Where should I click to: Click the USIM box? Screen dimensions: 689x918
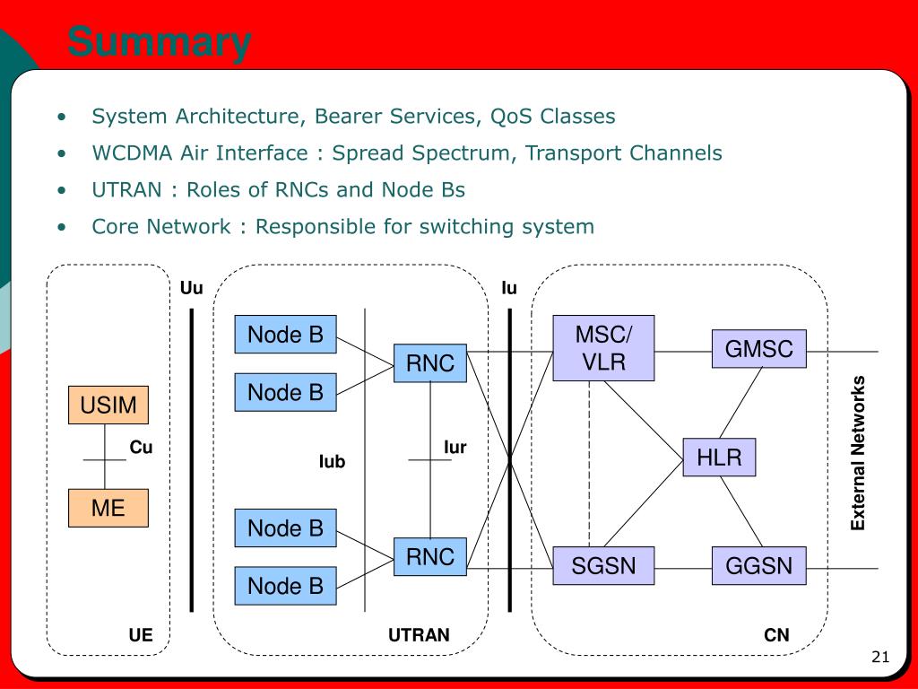pyautogui.click(x=108, y=406)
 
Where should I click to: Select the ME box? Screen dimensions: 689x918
pyautogui.click(x=108, y=509)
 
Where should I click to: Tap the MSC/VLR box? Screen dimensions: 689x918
pyautogui.click(x=603, y=348)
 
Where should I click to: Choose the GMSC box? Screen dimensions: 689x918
pyautogui.click(x=759, y=349)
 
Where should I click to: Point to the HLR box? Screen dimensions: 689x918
pyautogui.click(x=719, y=458)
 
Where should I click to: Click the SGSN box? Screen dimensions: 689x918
pyautogui.click(x=603, y=566)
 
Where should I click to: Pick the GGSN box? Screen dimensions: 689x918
pyautogui.click(x=759, y=566)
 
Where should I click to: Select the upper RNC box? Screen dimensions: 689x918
pyautogui.click(x=430, y=363)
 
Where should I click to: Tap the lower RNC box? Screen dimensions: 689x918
pyautogui.click(x=430, y=557)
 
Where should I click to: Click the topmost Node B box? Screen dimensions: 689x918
pyautogui.click(x=285, y=335)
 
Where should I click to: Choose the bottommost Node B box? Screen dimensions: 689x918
pyautogui.click(x=285, y=586)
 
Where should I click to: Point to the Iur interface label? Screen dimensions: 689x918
pyautogui.click(x=455, y=448)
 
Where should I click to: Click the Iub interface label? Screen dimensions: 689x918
pyautogui.click(x=332, y=462)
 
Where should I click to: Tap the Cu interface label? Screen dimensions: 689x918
pyautogui.click(x=142, y=448)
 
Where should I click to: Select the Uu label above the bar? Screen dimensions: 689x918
pyautogui.click(x=191, y=288)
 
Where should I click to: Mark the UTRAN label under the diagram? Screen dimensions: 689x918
pyautogui.click(x=419, y=636)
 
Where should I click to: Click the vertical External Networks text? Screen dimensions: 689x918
pyautogui.click(x=859, y=453)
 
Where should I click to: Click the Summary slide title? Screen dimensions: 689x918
pyautogui.click(x=160, y=43)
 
